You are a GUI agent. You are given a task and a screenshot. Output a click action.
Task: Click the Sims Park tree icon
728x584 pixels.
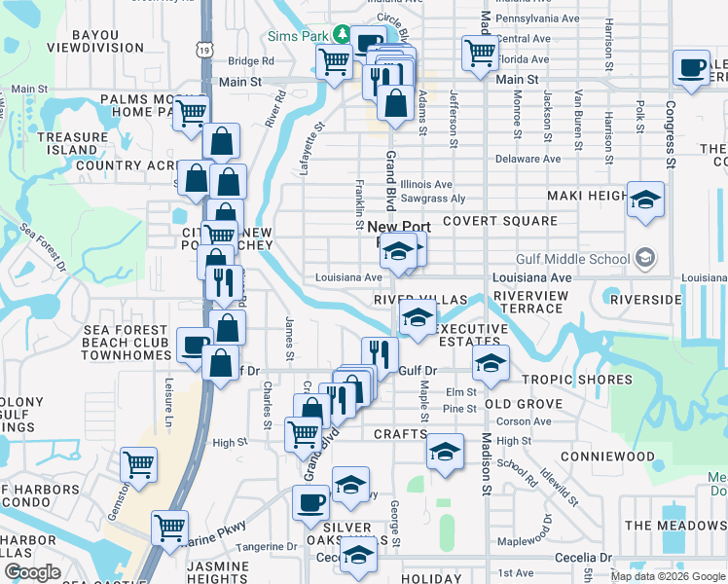point(342,34)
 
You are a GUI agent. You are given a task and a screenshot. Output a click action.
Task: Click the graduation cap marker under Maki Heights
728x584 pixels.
point(645,201)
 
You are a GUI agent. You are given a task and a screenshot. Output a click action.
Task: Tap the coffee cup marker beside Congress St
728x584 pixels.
point(691,68)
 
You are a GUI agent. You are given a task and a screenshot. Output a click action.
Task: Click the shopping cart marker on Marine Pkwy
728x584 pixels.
point(169,529)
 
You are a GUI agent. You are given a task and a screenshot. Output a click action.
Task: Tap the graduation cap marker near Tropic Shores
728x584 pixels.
point(491,365)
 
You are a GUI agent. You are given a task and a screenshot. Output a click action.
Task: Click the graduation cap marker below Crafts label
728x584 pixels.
point(445,454)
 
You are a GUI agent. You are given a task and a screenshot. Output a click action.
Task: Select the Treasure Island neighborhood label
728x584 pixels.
point(73,144)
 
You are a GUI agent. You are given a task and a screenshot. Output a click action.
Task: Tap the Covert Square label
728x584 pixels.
point(500,221)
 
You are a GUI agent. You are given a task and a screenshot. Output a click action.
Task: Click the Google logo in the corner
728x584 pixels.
point(32,573)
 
